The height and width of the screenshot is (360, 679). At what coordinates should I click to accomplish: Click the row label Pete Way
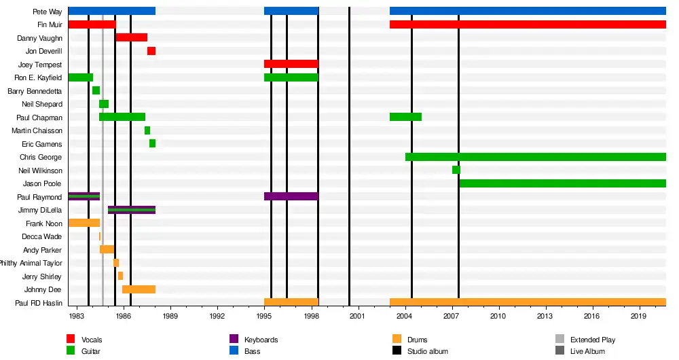tap(47, 12)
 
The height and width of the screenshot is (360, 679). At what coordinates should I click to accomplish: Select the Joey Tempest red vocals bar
tap(291, 64)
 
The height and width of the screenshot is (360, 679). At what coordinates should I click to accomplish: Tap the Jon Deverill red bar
tap(151, 51)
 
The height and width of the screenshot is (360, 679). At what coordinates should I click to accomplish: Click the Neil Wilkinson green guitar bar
tap(456, 170)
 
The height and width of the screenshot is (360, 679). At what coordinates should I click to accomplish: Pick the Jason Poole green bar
tap(562, 183)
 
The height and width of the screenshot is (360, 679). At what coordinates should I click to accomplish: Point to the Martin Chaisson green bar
tap(147, 130)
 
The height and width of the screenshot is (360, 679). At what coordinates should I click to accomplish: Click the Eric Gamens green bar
tap(153, 143)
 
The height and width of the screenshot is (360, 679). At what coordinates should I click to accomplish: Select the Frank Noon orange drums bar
tap(84, 223)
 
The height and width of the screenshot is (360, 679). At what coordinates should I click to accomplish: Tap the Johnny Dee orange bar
tap(139, 289)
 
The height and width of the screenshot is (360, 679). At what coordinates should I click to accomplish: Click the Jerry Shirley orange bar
tap(120, 276)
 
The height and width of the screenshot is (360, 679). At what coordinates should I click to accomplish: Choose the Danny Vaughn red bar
tap(132, 37)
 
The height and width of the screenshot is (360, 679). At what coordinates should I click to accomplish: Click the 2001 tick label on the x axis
tap(358, 316)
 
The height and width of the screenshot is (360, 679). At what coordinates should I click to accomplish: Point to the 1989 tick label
tap(170, 316)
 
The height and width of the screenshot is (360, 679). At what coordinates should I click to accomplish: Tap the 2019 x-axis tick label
tap(639, 316)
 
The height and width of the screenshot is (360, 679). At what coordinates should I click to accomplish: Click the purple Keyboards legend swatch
tap(234, 339)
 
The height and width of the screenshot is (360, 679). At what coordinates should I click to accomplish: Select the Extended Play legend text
tap(592, 340)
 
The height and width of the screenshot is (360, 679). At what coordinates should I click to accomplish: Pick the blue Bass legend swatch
tap(234, 350)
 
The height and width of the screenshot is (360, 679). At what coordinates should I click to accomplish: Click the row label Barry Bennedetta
tap(35, 91)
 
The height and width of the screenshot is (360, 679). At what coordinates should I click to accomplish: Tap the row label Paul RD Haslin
tap(39, 302)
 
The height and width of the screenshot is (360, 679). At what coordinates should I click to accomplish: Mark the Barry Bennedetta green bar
tap(96, 90)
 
